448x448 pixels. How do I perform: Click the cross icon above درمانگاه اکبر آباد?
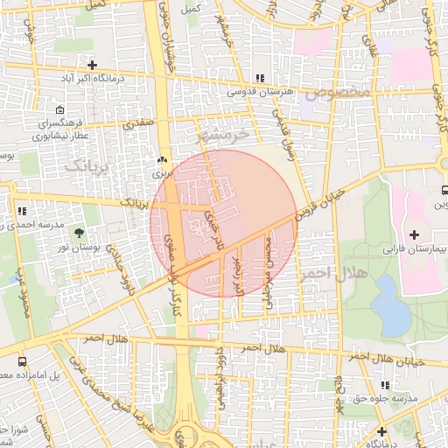tap(92, 66)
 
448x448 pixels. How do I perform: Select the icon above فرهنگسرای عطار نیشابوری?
tap(59, 110)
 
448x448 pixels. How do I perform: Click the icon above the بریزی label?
tap(161, 161)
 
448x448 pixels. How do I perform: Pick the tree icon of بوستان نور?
tap(80, 233)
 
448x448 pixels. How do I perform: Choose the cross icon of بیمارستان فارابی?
tap(414, 234)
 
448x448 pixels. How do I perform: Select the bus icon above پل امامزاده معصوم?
tap(22, 360)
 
